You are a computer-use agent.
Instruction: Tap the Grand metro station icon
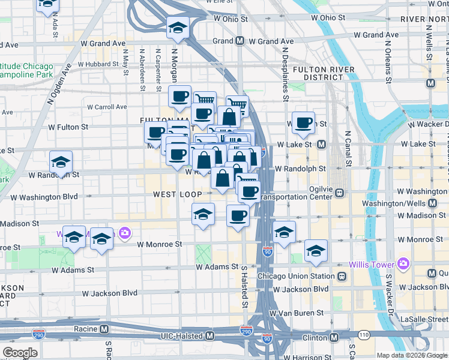coord(240,41)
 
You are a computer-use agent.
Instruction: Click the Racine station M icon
coord(104,329)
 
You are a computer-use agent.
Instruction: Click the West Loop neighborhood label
coord(177,194)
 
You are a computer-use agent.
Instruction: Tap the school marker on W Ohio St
coord(177,28)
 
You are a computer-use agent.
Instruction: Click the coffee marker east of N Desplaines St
coord(304,123)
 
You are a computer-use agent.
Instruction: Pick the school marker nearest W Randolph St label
coord(61,163)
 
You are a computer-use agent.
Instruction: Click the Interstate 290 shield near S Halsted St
coord(246,330)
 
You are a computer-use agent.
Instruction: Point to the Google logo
coord(20,353)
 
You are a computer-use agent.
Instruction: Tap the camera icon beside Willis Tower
coord(403,264)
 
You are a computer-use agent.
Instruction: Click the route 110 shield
coord(363,333)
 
